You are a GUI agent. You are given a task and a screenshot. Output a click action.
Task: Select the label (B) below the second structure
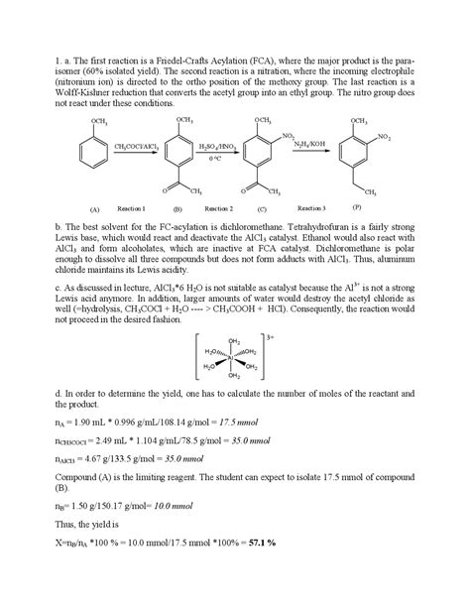tap(176, 210)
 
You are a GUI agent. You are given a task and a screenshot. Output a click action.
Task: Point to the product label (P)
tap(356, 207)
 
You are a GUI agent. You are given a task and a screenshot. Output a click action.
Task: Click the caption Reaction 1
tap(132, 209)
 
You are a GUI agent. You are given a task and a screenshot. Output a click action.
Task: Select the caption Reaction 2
tap(218, 209)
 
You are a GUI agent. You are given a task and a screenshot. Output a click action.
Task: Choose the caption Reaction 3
tap(310, 208)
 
